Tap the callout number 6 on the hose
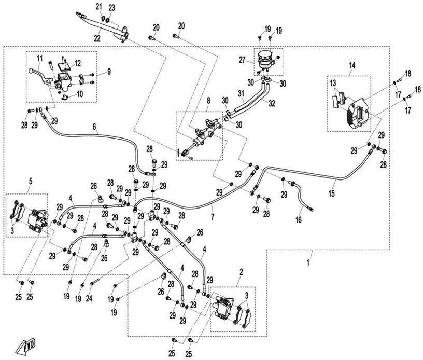pos(95,126)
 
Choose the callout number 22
pos(97,37)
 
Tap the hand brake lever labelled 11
pos(38,70)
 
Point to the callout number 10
pos(79,94)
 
